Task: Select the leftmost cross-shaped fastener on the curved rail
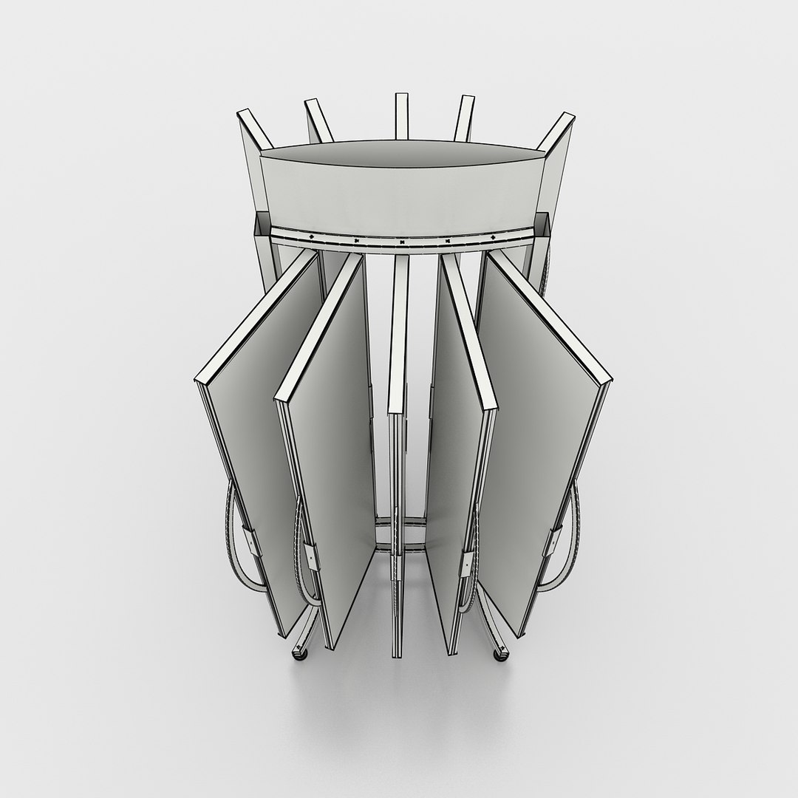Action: (x=312, y=236)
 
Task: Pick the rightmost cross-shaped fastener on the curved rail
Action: (x=493, y=236)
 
